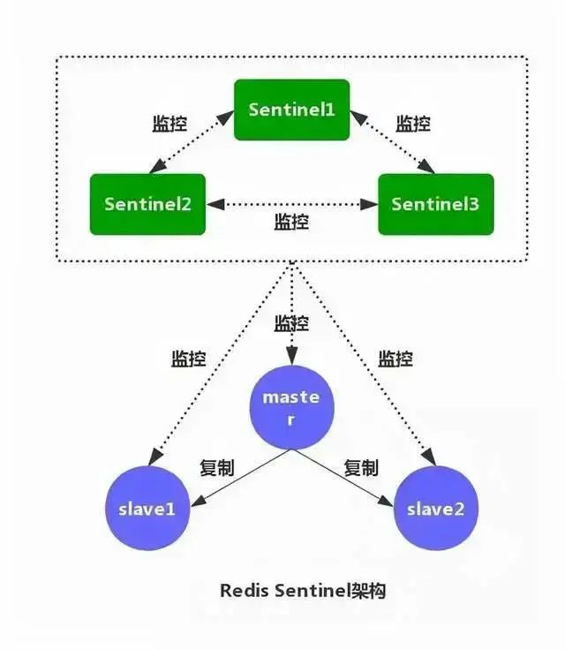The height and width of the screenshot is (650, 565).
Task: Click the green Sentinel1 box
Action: [x=291, y=110]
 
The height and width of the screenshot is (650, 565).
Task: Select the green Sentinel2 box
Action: [x=147, y=204]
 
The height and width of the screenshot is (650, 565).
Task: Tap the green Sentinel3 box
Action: [x=435, y=204]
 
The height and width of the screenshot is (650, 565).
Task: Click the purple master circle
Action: [x=291, y=407]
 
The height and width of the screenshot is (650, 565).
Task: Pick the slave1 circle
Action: [x=147, y=510]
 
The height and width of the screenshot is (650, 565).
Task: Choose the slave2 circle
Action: [x=436, y=510]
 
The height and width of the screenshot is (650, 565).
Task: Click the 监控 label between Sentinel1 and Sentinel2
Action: [x=169, y=124]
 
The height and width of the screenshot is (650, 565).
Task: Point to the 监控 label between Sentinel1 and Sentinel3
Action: [x=412, y=124]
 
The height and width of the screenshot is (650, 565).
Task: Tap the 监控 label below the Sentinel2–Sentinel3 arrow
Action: [x=292, y=221]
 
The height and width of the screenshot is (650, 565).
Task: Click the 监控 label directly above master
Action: [x=292, y=323]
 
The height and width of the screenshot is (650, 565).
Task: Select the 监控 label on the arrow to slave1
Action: [x=188, y=359]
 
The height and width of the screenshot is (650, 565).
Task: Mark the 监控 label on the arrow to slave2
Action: [x=395, y=359]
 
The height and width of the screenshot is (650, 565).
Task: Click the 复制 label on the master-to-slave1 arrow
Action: [x=217, y=468]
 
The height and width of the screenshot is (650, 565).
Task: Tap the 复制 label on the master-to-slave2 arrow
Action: [x=361, y=468]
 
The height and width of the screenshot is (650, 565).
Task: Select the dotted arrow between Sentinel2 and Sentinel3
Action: [x=291, y=204]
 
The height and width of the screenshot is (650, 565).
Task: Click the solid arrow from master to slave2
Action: [x=343, y=478]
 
